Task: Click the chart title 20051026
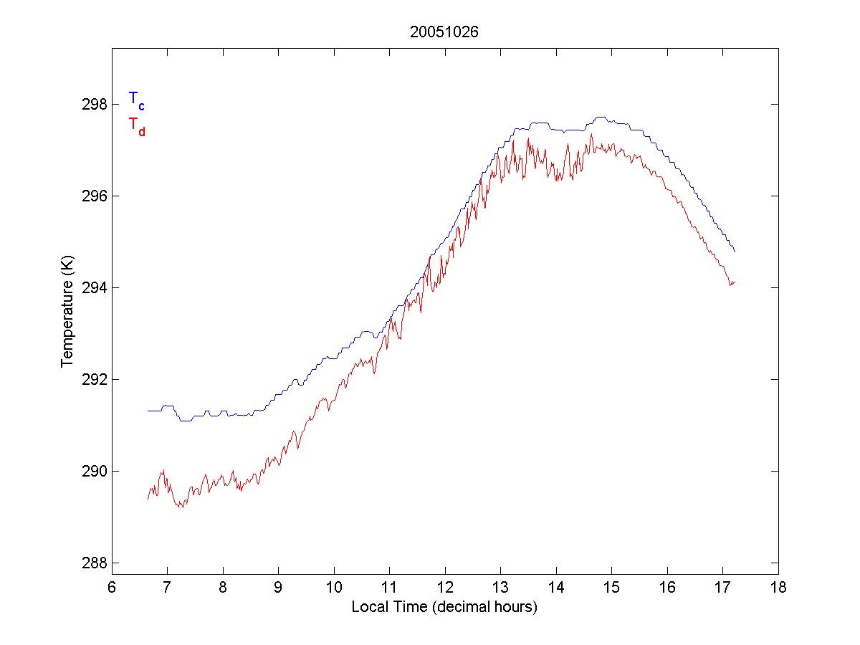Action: pyautogui.click(x=444, y=32)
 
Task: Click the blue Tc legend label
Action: pyautogui.click(x=136, y=100)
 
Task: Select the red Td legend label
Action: pyautogui.click(x=136, y=125)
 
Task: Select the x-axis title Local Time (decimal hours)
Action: pyautogui.click(x=444, y=607)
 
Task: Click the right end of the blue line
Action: pyautogui.click(x=735, y=252)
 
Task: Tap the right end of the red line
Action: pyautogui.click(x=735, y=282)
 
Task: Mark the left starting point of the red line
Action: pyautogui.click(x=148, y=498)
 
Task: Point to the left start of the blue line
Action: pyautogui.click(x=148, y=411)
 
